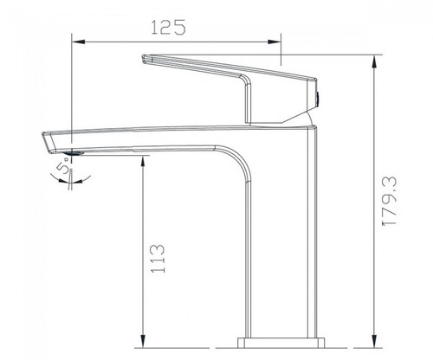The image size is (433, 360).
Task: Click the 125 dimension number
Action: coord(168,28)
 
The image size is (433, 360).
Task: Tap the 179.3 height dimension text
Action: coord(390,201)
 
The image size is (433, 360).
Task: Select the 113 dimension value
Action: coord(158,259)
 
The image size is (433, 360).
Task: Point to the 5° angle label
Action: coord(64,168)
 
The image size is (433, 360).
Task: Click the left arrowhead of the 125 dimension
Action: coord(79,42)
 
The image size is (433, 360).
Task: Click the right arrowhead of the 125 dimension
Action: coord(274,42)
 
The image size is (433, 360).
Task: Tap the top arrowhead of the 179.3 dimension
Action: coord(374,61)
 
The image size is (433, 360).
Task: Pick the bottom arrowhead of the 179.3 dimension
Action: coord(374,341)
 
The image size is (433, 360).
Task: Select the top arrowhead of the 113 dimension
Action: coord(142,163)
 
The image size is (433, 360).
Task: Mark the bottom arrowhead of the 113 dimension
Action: coord(142,341)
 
